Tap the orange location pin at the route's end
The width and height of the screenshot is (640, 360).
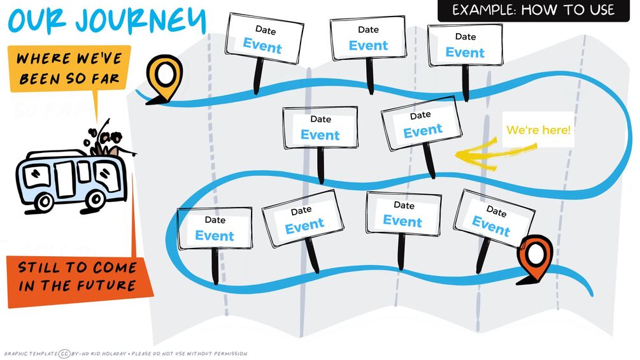[534, 257]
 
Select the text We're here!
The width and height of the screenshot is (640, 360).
[539, 131]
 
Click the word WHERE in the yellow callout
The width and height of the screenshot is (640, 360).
[43, 59]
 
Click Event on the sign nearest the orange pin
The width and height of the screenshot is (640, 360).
[491, 224]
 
